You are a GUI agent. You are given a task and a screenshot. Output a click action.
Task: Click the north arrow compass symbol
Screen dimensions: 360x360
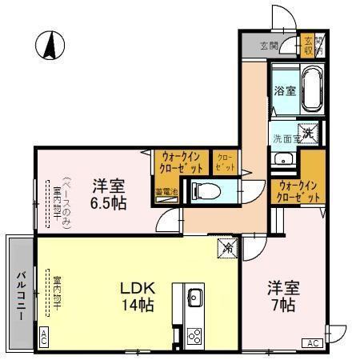(x=49, y=45)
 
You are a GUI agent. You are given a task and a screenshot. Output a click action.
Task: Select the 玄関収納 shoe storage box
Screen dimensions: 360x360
(x=310, y=46)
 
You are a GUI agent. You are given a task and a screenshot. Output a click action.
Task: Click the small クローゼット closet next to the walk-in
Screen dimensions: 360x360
(x=224, y=163)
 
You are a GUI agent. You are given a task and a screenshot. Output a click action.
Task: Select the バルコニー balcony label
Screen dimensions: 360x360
(x=18, y=293)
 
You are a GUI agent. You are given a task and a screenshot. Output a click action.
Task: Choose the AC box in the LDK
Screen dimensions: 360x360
(x=43, y=338)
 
